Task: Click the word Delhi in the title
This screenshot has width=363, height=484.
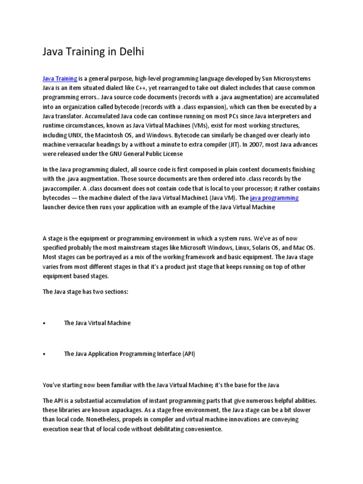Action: point(129,52)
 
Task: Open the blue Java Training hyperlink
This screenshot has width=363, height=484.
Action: point(60,78)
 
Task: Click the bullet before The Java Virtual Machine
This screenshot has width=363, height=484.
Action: point(44,323)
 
